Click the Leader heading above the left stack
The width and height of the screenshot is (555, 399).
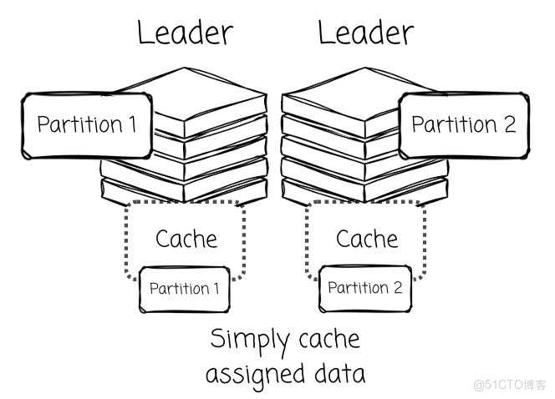pos(185,33)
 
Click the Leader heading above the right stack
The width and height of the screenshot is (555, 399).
pos(365,33)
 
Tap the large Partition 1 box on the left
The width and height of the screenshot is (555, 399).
pos(87,125)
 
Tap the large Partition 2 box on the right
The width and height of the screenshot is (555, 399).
pos(464,125)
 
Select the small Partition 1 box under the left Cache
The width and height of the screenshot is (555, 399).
pos(185,290)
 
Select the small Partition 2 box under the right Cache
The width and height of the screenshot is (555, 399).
pos(365,289)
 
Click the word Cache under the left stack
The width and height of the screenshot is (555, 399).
pos(186,239)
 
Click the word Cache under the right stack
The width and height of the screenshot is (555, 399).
pos(367,239)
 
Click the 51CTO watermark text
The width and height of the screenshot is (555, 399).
pos(510,385)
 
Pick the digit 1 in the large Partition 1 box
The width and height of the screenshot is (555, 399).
pos(133,124)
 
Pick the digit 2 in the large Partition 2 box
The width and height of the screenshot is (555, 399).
pos(510,124)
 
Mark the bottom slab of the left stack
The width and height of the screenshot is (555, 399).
pos(184,191)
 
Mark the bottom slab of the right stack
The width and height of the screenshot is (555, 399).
pos(365,191)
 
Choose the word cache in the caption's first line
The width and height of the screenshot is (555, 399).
pos(329,339)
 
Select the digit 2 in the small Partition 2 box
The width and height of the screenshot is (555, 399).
pos(398,288)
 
